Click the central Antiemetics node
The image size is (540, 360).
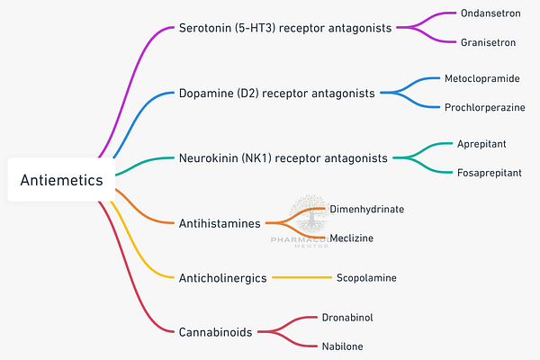tap(61, 180)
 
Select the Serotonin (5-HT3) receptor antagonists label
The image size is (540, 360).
tap(285, 28)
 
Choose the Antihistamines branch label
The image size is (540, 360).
tap(220, 222)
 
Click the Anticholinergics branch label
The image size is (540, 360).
tap(222, 277)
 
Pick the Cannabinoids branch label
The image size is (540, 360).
tap(215, 331)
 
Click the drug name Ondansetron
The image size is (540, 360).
tap(491, 14)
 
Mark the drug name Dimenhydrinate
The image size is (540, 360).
tap(366, 209)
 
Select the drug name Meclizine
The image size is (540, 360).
tap(351, 238)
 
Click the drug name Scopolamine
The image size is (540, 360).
tap(366, 277)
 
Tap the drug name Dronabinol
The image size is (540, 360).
tap(346, 318)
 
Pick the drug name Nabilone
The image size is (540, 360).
tap(342, 345)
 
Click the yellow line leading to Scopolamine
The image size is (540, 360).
tap(301, 277)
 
